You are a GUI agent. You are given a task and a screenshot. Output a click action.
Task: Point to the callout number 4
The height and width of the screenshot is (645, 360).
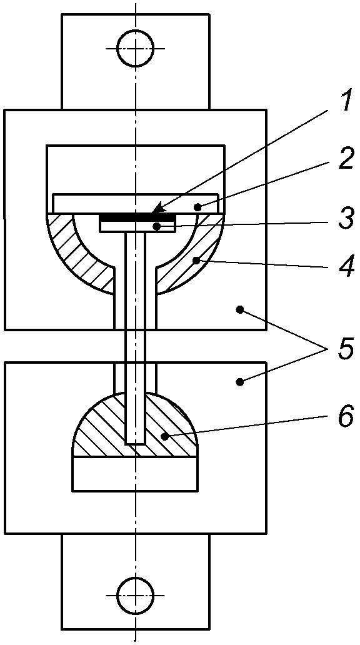click(344, 266)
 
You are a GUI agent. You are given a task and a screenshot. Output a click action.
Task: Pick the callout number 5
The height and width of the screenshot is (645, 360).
click(344, 349)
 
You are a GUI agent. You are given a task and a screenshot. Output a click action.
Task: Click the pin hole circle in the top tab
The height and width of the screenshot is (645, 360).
click(136, 49)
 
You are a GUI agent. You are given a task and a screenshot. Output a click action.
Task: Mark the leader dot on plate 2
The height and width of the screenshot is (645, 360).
click(198, 207)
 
